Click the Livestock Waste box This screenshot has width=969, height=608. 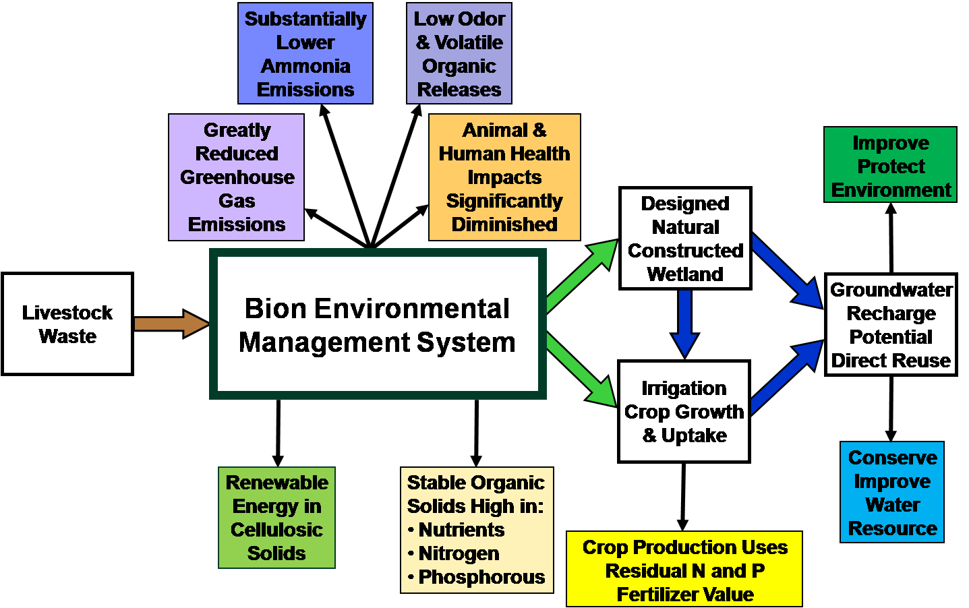click(x=67, y=324)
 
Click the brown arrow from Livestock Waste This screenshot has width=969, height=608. click(x=172, y=324)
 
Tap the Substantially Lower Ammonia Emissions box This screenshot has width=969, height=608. click(x=305, y=53)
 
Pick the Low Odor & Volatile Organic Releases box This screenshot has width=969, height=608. click(x=459, y=53)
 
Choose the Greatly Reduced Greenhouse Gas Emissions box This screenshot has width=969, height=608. click(x=236, y=177)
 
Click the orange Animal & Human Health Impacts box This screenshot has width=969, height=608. click(x=504, y=177)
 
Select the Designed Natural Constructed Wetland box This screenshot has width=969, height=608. click(x=685, y=238)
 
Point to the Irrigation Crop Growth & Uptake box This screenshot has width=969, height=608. click(x=684, y=412)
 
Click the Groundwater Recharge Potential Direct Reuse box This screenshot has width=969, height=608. click(x=891, y=325)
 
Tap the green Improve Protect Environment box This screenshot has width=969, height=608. click(x=890, y=164)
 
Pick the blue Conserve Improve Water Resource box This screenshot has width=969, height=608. click(x=892, y=492)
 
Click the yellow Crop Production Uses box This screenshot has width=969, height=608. click(x=684, y=569)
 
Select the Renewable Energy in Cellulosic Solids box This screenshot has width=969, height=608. click(x=277, y=518)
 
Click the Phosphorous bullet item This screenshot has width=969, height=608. click(x=476, y=577)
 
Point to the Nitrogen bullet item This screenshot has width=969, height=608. click(x=454, y=553)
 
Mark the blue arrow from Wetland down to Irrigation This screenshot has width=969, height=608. click(x=685, y=324)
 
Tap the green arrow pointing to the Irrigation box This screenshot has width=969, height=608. click(x=581, y=370)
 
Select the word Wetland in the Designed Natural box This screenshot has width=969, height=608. click(x=685, y=274)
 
